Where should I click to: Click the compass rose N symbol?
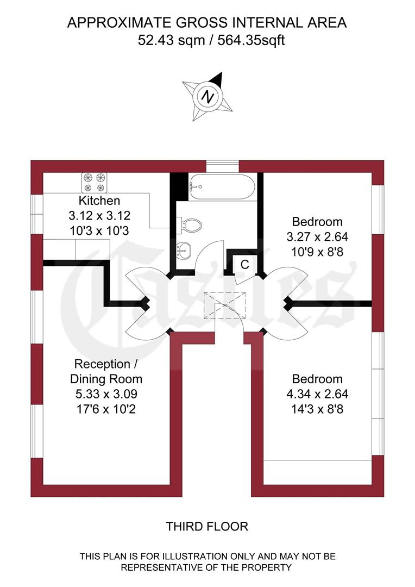207,97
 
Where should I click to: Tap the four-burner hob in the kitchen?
93,182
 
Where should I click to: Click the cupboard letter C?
244,265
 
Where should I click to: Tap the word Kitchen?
99,200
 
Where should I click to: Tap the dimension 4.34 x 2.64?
318,394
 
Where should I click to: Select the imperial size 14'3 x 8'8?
318,408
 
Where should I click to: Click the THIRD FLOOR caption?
207,526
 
